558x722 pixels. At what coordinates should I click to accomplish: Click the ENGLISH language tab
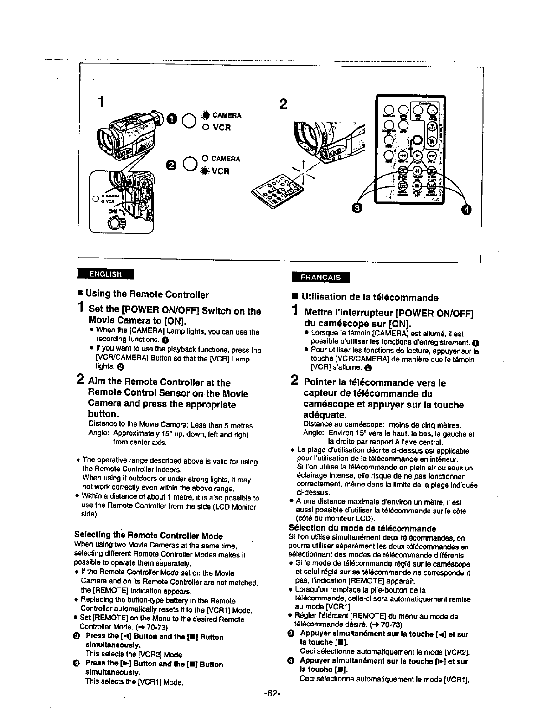coord(105,274)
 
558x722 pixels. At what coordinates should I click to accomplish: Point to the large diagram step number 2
coord(283,104)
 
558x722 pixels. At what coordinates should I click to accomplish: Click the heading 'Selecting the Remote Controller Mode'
coord(148,536)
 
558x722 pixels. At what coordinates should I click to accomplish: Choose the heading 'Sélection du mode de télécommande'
coord(362,529)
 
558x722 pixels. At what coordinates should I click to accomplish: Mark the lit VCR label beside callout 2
coord(219,171)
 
